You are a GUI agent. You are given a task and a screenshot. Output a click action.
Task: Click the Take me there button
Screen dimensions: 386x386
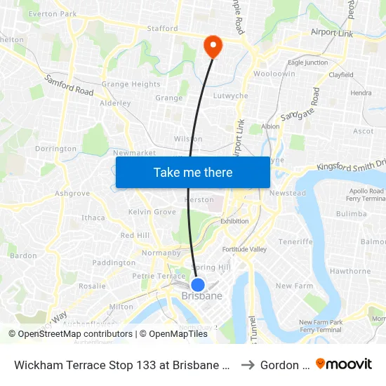pyautogui.click(x=193, y=172)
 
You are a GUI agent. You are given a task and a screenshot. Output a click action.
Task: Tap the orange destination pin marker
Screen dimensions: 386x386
pyautogui.click(x=212, y=46)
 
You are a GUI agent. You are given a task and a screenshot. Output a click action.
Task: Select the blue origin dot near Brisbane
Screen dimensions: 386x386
pyautogui.click(x=198, y=285)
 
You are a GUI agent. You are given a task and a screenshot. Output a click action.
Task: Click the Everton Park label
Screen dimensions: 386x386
pyautogui.click(x=53, y=13)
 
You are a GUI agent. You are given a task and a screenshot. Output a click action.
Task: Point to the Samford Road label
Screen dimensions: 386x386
pyautogui.click(x=69, y=86)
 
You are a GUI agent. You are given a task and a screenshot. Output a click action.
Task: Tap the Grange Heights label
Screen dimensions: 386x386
pyautogui.click(x=131, y=84)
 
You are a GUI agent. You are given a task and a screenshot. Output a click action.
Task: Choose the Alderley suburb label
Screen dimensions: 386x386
pyautogui.click(x=116, y=103)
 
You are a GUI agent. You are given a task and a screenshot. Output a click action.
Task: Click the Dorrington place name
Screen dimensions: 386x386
pyautogui.click(x=55, y=149)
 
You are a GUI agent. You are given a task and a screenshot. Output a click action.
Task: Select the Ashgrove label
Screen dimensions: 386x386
pyautogui.click(x=72, y=193)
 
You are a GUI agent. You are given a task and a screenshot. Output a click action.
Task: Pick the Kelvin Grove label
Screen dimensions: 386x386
pyautogui.click(x=152, y=211)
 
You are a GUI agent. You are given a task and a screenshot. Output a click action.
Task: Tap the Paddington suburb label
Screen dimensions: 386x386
pyautogui.click(x=114, y=262)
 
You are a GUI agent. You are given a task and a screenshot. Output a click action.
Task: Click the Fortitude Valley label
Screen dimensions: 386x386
pyautogui.click(x=244, y=249)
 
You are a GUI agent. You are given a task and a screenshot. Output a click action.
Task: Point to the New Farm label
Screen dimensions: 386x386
pyautogui.click(x=293, y=286)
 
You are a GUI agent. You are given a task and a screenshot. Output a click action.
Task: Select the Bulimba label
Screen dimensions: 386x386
pyautogui.click(x=351, y=213)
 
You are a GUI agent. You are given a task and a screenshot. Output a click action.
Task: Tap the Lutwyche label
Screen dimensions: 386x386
pyautogui.click(x=230, y=95)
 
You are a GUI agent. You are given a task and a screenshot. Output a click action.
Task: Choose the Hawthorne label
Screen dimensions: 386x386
pyautogui.click(x=350, y=271)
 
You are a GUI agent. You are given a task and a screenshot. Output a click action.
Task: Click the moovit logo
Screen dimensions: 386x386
pyautogui.click(x=344, y=364)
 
